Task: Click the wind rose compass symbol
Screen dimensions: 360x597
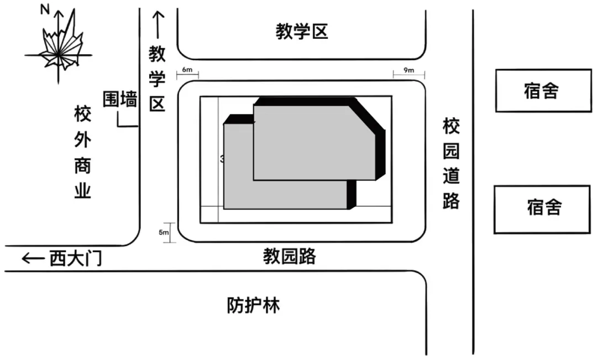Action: click(59, 51)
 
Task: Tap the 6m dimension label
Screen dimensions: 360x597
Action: click(187, 70)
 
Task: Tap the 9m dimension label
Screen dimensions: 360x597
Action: click(409, 70)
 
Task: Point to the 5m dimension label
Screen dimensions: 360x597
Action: click(164, 232)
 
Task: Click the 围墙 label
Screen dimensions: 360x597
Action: click(120, 100)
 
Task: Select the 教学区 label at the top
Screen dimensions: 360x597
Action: click(302, 32)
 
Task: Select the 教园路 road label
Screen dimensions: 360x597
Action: click(289, 256)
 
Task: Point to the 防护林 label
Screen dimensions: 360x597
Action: click(253, 306)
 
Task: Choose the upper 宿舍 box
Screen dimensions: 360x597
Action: click(542, 90)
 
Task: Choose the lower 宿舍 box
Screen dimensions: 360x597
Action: click(542, 208)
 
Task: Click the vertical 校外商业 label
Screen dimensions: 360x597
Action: click(83, 153)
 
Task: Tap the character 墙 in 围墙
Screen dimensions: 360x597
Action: click(128, 100)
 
